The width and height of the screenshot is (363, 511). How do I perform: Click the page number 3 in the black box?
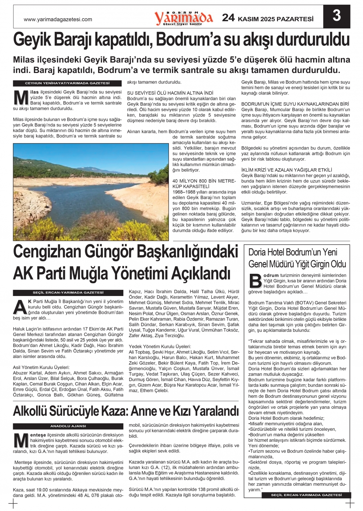pyautogui.click(x=336, y=16)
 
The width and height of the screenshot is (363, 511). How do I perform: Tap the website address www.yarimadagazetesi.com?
pyautogui.click(x=58, y=19)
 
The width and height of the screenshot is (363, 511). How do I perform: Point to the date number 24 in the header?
pyautogui.click(x=228, y=18)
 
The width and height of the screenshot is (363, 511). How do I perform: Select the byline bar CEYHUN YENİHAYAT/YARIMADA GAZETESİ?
pyautogui.click(x=67, y=83)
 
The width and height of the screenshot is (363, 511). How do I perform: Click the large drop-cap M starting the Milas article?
pyautogui.click(x=21, y=98)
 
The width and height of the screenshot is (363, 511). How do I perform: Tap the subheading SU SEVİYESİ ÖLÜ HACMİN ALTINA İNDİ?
pyautogui.click(x=170, y=93)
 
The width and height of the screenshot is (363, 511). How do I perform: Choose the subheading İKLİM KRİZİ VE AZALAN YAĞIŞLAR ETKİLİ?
pyautogui.click(x=286, y=170)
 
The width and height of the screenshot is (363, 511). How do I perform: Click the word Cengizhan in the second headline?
pyautogui.click(x=47, y=253)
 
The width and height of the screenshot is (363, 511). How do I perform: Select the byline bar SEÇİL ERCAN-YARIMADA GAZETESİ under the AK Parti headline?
pyautogui.click(x=68, y=293)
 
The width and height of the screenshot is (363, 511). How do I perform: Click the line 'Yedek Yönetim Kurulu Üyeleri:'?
pyautogui.click(x=160, y=346)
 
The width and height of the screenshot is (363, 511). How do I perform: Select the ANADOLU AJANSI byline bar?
pyautogui.click(x=68, y=426)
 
